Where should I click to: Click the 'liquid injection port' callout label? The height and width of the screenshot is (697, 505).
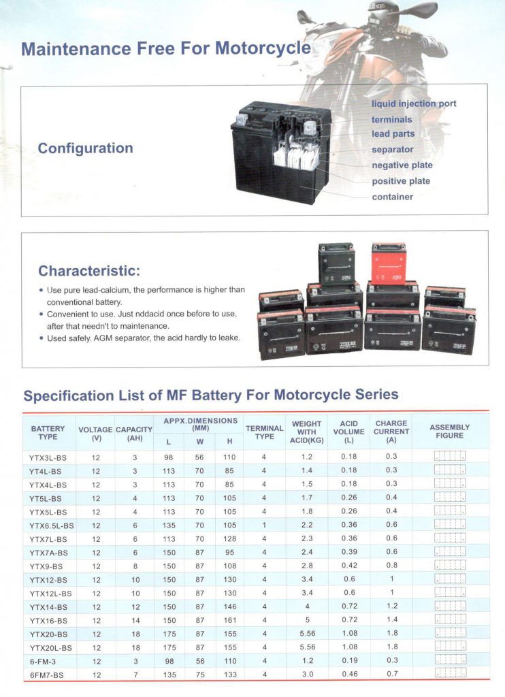(x=414, y=103)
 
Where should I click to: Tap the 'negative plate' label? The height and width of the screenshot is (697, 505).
(x=402, y=165)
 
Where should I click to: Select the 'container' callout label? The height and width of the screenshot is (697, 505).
(x=392, y=197)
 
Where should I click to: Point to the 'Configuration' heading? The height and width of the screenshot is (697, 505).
(x=85, y=148)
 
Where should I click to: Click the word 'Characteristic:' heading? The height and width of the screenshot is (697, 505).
(x=89, y=271)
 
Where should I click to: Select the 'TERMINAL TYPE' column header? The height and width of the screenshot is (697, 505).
(x=264, y=432)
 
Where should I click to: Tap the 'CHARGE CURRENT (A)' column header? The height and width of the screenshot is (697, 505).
(x=391, y=432)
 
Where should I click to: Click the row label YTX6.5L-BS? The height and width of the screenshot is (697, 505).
(x=52, y=525)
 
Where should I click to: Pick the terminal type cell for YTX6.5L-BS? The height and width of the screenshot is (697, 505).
(x=264, y=525)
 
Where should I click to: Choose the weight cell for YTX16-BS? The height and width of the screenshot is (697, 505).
(x=306, y=621)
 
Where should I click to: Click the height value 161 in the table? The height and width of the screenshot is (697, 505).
(x=229, y=621)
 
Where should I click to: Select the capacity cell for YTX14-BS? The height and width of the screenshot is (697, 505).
(x=134, y=607)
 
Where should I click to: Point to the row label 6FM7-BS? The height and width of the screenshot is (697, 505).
(x=48, y=675)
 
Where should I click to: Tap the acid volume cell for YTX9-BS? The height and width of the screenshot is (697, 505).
(x=348, y=566)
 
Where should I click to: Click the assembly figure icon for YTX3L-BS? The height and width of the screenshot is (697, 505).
(x=449, y=457)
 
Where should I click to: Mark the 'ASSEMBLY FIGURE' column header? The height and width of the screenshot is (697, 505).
(x=449, y=432)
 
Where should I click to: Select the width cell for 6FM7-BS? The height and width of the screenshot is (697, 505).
(x=199, y=675)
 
